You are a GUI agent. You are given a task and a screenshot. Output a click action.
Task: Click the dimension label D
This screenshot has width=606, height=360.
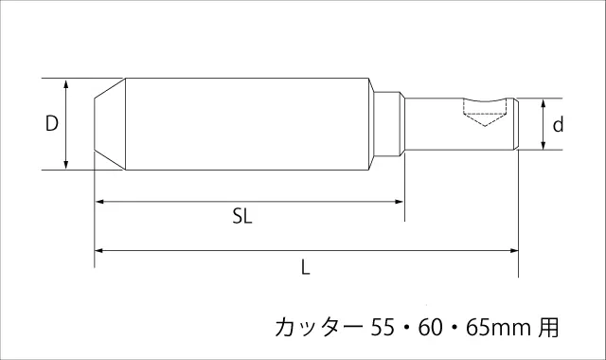tap(52, 123)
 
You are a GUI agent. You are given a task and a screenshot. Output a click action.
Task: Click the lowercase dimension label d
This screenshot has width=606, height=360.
tap(558, 125)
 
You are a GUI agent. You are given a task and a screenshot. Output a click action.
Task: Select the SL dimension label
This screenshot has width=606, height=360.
tap(242, 216)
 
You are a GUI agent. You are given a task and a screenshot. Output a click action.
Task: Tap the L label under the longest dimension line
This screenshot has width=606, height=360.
tap(306, 267)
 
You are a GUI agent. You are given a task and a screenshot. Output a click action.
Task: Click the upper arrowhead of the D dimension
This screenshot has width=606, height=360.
tap(66, 84)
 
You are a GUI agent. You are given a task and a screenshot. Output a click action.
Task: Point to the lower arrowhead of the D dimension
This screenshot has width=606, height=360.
tap(66, 164)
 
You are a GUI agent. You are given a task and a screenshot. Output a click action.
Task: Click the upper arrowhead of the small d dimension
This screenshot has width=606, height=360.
tap(543, 104)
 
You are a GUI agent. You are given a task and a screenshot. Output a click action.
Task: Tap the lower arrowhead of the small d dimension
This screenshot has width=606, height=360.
tap(543, 144)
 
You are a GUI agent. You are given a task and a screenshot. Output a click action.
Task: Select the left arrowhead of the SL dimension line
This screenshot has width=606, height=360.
tap(100, 202)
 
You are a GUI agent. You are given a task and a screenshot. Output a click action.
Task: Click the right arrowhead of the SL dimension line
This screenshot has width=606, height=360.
tap(399, 202)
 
